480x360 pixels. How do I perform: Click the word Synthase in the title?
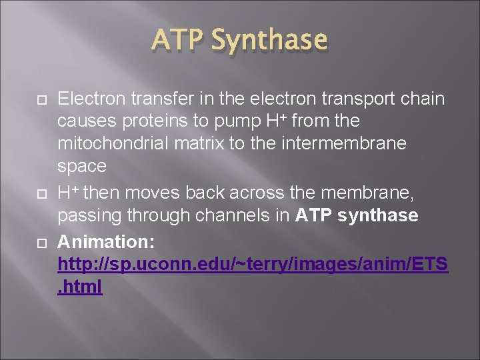269,41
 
